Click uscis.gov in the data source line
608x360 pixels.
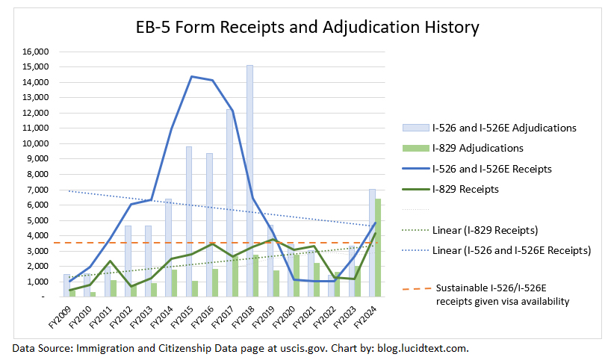(290, 347)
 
